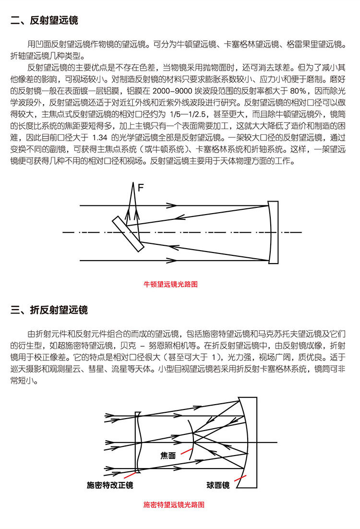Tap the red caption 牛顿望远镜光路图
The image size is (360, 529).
[171, 285]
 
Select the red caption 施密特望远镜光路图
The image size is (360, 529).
[174, 505]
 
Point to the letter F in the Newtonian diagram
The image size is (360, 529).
[141, 188]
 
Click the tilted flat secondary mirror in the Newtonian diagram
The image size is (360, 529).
[128, 234]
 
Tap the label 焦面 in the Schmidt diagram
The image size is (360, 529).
[168, 454]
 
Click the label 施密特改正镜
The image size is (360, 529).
[110, 485]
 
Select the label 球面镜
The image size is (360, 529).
[218, 485]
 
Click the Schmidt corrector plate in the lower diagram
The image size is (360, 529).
[138, 442]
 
